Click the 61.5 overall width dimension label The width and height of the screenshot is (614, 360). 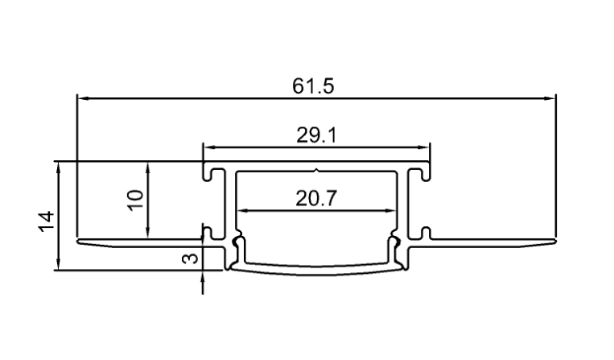pyautogui.click(x=313, y=86)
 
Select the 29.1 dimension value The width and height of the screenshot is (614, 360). pyautogui.click(x=316, y=135)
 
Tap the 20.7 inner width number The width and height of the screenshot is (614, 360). pyautogui.click(x=316, y=198)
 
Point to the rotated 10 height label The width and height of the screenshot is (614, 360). pyautogui.click(x=136, y=200)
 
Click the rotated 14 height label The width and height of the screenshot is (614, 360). pyautogui.click(x=46, y=221)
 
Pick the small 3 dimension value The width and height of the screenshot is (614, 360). pyautogui.click(x=191, y=259)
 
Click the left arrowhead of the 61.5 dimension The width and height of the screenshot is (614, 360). pyautogui.click(x=83, y=98)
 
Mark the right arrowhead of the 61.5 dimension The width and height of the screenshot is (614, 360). pyautogui.click(x=550, y=98)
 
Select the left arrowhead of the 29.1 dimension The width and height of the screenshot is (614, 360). pyautogui.click(x=208, y=147)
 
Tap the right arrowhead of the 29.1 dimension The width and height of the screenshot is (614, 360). pyautogui.click(x=424, y=147)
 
